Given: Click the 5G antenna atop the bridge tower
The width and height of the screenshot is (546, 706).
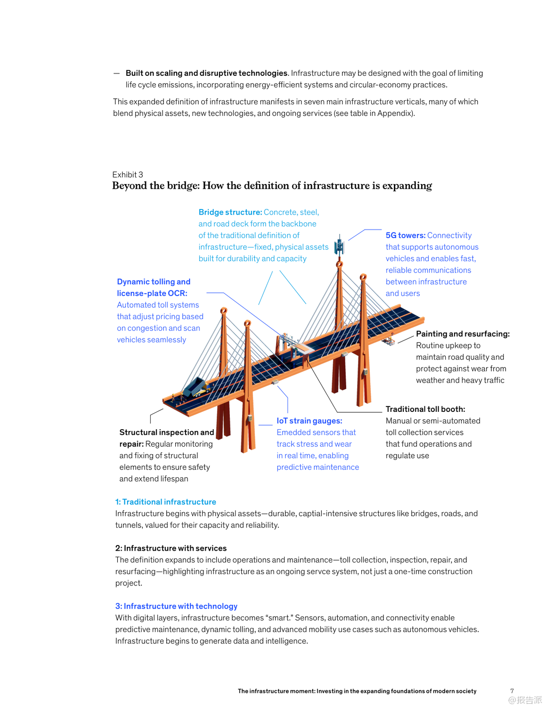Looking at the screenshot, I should click(x=339, y=246).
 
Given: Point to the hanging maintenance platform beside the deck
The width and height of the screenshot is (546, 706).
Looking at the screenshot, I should click(x=389, y=340).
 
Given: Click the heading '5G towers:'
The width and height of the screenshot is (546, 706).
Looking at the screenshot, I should click(x=406, y=235).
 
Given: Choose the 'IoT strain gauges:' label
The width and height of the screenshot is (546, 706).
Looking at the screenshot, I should click(x=309, y=421).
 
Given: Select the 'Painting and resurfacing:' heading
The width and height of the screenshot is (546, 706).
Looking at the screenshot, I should click(x=463, y=334).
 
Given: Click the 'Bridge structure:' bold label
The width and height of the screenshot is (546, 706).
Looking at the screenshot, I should click(x=230, y=212).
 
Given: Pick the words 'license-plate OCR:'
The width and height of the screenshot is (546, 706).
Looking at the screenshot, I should click(x=152, y=293).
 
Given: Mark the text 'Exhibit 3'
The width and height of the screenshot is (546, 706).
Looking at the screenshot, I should click(x=128, y=175).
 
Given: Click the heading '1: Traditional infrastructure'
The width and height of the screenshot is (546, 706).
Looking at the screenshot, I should click(x=165, y=502).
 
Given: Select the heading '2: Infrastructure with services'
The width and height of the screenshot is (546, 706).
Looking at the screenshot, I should click(x=171, y=548).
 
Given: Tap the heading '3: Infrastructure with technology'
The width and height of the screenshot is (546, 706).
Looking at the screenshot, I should click(x=176, y=606).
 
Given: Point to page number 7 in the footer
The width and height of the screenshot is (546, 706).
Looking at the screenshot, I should click(x=512, y=691).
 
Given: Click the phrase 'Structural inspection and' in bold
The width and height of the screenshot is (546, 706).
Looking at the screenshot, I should click(x=166, y=433).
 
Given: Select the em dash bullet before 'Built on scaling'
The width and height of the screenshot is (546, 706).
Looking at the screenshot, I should click(x=116, y=73).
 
